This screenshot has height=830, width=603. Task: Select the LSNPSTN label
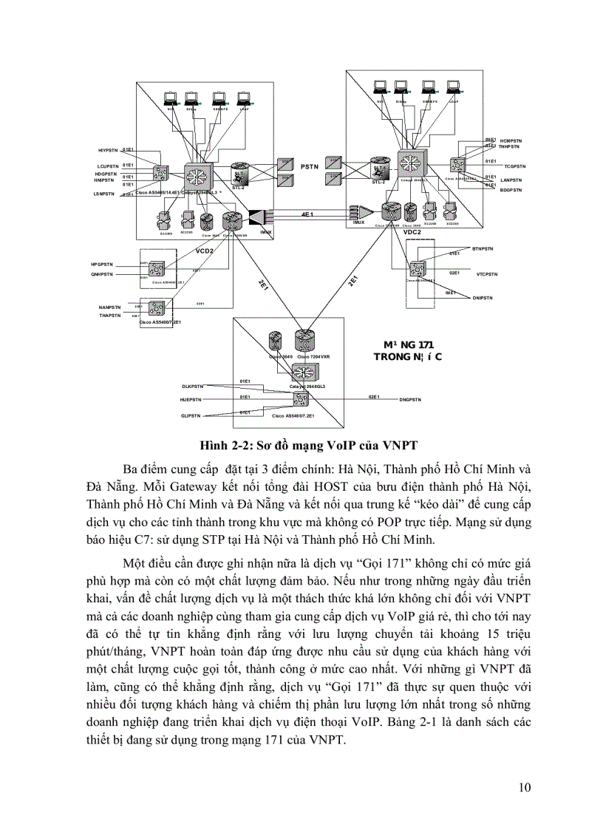pyautogui.click(x=104, y=194)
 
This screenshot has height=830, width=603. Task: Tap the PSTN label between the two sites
pyautogui.click(x=309, y=167)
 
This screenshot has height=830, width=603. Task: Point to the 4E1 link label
pyautogui.click(x=307, y=214)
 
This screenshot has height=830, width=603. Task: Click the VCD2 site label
pyautogui.click(x=204, y=251)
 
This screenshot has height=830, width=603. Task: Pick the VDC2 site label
pyautogui.click(x=412, y=231)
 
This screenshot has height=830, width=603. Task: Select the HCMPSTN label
pyautogui.click(x=511, y=140)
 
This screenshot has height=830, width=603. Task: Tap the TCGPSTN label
pyautogui.click(x=508, y=166)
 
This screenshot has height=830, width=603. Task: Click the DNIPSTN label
pyautogui.click(x=483, y=297)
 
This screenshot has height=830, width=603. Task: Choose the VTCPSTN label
pyautogui.click(x=486, y=273)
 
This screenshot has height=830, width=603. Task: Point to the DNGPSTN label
pyautogui.click(x=410, y=399)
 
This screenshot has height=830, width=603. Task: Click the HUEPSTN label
pyautogui.click(x=191, y=399)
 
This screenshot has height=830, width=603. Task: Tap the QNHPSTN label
pyautogui.click(x=102, y=274)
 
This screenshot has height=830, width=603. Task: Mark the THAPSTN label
pyautogui.click(x=109, y=316)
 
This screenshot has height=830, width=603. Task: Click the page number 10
pyautogui.click(x=524, y=786)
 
